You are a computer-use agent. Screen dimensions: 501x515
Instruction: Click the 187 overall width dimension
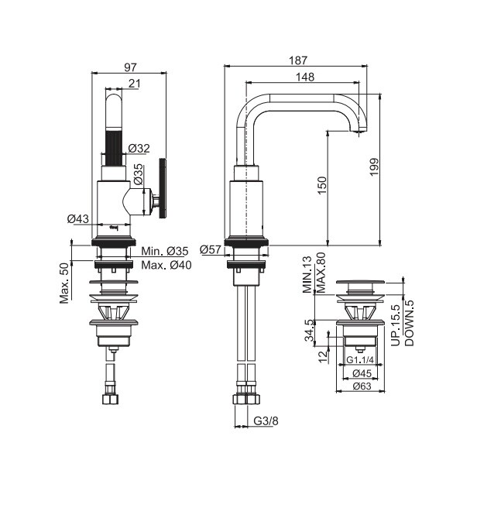(298, 60)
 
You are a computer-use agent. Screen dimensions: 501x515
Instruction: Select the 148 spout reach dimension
(305, 77)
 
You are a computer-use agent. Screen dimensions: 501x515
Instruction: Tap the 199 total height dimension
(374, 167)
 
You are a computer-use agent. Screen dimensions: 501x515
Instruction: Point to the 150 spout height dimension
(322, 185)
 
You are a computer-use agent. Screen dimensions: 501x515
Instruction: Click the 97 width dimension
(130, 67)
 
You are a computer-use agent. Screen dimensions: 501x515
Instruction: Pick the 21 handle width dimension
(134, 84)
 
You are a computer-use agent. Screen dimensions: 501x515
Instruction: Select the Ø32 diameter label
(139, 149)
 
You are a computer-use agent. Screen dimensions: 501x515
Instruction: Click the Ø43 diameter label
(78, 218)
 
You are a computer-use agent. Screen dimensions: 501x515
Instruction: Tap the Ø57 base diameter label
(211, 249)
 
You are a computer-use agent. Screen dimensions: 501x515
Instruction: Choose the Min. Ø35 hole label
(165, 251)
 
